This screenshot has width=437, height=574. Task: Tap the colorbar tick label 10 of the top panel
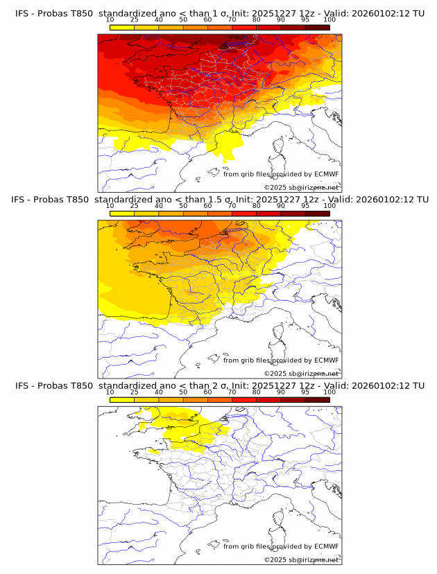[x=110, y=20]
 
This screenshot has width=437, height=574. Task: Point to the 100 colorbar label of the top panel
[x=329, y=20]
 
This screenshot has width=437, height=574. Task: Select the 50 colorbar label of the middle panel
[x=183, y=206]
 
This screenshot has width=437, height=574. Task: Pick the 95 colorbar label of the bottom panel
[x=305, y=392]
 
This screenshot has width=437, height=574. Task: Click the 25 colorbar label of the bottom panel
[x=134, y=392]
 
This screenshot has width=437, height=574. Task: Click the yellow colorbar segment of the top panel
[x=122, y=27]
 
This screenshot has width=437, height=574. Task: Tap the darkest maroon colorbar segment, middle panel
[x=317, y=213]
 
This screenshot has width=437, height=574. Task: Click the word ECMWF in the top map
[x=326, y=175]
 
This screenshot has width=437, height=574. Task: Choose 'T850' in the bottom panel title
[x=80, y=385]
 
